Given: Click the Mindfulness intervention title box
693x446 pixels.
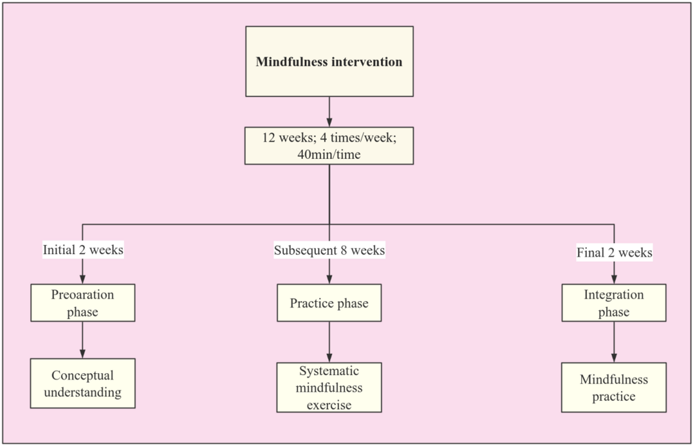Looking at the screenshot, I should click(329, 61).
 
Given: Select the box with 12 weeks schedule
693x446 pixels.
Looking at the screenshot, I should click(329, 146).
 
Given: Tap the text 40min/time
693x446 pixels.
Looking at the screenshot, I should click(329, 154).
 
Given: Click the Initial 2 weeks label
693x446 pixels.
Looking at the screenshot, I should click(83, 249).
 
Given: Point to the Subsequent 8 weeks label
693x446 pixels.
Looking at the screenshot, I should click(329, 250).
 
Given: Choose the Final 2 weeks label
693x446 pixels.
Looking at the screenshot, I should click(614, 253).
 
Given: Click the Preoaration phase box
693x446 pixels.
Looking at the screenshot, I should click(83, 303).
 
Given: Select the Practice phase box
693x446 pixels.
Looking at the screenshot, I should click(329, 303).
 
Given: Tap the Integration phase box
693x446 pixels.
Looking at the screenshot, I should click(614, 303).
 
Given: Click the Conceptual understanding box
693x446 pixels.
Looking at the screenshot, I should click(83, 383).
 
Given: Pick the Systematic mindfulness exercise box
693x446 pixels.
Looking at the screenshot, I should click(329, 387).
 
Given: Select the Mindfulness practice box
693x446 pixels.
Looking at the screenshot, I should click(614, 387).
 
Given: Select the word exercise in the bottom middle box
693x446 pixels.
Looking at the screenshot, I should click(329, 405).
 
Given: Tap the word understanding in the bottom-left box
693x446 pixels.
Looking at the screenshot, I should click(83, 392).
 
